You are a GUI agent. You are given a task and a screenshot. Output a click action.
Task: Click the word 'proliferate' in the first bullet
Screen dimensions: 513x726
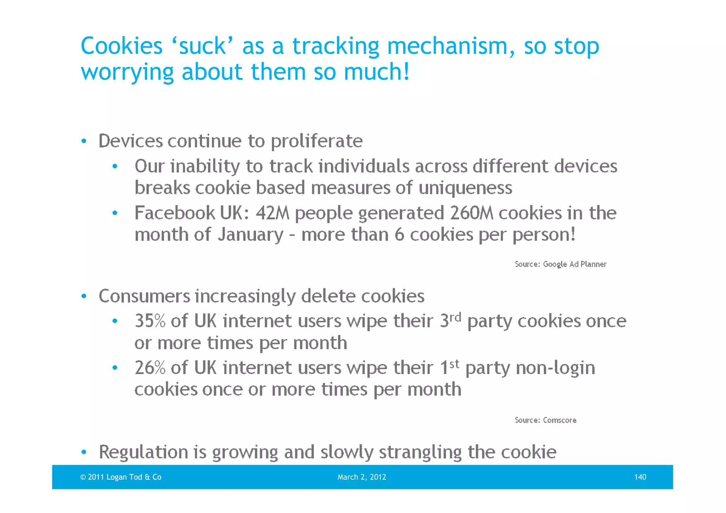(317, 141)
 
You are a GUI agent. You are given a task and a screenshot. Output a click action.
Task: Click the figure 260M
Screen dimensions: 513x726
(471, 213)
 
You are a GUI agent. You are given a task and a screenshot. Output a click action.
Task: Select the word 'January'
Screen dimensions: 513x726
(250, 235)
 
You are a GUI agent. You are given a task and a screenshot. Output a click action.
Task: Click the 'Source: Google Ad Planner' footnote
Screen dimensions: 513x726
(560, 264)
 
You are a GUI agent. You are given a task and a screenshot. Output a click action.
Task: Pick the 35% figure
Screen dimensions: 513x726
(150, 321)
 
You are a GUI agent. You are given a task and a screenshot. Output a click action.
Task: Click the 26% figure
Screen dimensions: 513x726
(150, 368)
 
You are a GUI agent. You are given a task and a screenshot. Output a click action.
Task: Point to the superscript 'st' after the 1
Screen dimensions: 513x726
(454, 363)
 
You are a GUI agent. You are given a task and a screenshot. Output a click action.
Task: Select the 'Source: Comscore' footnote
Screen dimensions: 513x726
(546, 420)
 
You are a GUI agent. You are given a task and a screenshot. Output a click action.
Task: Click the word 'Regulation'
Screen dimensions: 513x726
(143, 452)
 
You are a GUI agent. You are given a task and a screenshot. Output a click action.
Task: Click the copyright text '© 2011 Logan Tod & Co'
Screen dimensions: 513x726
(121, 477)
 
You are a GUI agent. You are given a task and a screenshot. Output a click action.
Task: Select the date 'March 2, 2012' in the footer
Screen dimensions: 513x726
(362, 477)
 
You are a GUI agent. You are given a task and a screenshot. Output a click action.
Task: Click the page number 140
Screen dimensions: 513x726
(640, 477)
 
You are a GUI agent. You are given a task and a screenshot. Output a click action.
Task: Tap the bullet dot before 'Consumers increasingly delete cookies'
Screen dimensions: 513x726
(84, 296)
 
